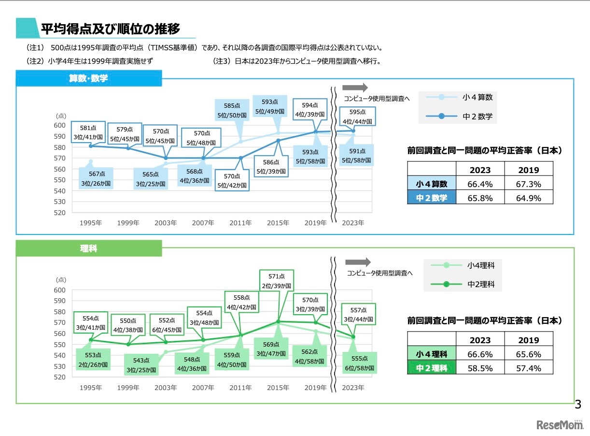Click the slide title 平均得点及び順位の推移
pos(110,29)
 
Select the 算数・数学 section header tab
pos(88,78)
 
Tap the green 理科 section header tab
pos(88,248)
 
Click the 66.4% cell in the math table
pos(480,184)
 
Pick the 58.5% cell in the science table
pos(480,368)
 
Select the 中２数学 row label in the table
pos(431,198)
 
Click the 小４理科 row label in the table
pos(431,354)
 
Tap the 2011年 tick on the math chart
pos(240,223)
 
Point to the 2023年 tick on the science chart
pos(353,388)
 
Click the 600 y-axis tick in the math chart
pos(59,125)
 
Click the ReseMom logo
pos(560,424)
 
